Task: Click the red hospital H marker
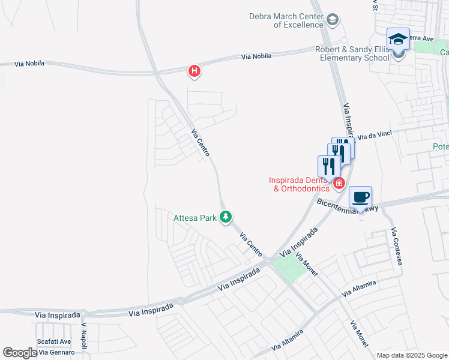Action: [x=194, y=71]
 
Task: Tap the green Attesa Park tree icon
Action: [x=226, y=217]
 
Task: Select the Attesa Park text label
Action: [x=194, y=218]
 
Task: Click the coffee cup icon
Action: [x=360, y=197]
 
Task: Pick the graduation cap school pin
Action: [x=398, y=40]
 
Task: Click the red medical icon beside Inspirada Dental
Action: [x=339, y=183]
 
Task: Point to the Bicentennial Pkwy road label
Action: [x=346, y=206]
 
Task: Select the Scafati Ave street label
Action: [x=55, y=341]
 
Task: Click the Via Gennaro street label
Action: [x=55, y=352]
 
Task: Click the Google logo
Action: [x=20, y=353]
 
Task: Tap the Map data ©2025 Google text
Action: [x=411, y=355]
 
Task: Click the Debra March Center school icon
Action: [x=332, y=21]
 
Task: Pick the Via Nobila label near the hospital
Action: [x=256, y=56]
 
